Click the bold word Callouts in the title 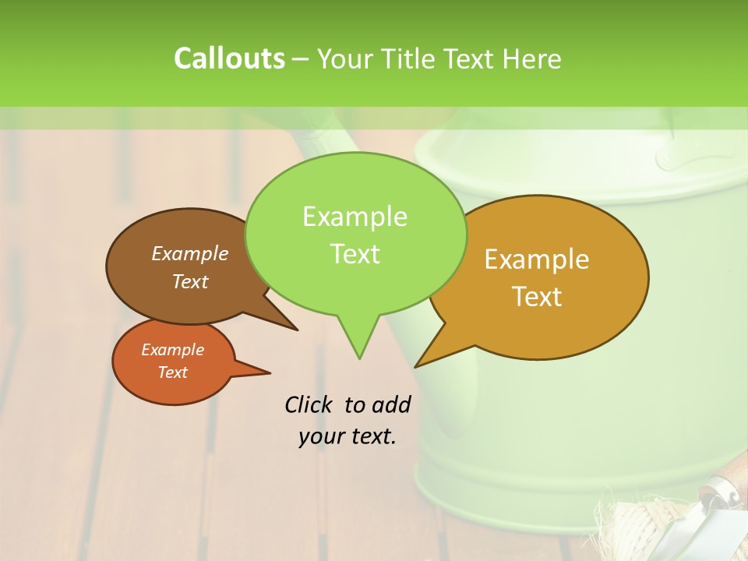tap(229, 58)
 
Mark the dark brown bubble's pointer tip tap(296, 329)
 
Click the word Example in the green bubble tap(355, 217)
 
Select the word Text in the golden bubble tap(538, 297)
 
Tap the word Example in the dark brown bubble tap(189, 254)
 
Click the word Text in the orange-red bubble tap(172, 372)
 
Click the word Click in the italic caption tap(309, 404)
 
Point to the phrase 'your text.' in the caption tap(348, 436)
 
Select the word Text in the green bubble tap(355, 254)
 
